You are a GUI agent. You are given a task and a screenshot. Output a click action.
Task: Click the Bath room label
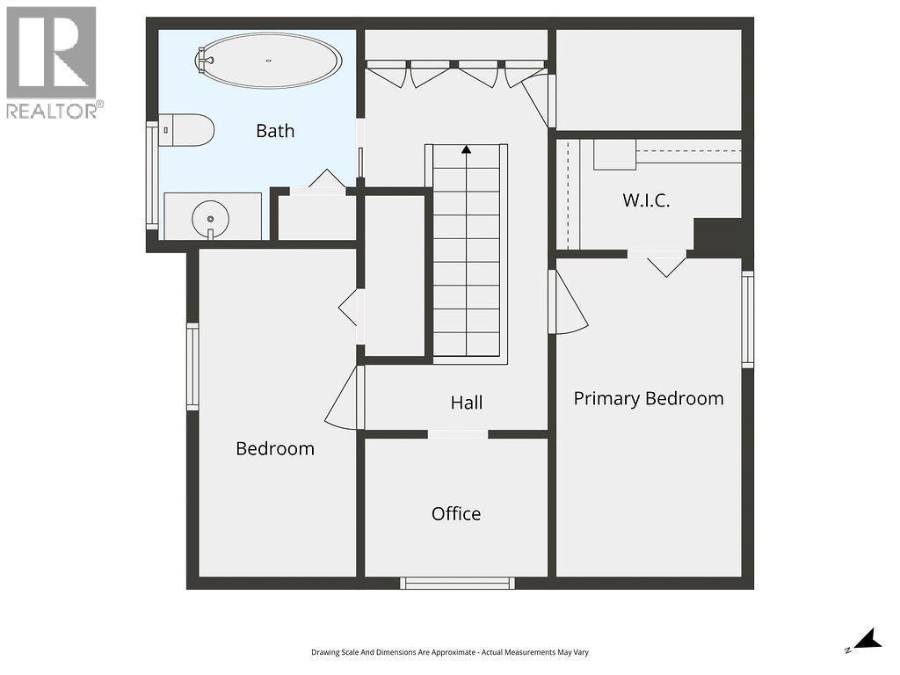275,131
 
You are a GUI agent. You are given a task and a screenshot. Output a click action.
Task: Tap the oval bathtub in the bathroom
269,61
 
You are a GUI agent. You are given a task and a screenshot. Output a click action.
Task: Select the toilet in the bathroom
188,131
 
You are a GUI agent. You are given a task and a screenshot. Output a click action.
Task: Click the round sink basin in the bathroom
211,216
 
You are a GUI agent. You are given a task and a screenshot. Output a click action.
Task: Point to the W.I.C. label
646,200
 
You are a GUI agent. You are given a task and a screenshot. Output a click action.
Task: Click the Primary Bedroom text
649,398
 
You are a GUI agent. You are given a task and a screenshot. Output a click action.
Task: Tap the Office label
456,513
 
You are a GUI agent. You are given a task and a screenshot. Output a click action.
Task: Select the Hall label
467,403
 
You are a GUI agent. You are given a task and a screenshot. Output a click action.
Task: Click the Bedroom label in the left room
275,448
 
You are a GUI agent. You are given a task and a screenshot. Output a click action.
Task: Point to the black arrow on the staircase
467,149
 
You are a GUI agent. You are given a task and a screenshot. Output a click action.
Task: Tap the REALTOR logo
52,62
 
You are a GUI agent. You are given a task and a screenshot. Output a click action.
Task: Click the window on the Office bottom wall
457,582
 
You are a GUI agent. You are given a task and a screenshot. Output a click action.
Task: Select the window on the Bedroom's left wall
192,366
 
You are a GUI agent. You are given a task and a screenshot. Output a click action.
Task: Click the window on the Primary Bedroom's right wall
747,319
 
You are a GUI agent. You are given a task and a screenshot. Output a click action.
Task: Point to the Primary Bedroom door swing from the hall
566,305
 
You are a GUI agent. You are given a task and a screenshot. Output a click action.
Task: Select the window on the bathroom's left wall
152,176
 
